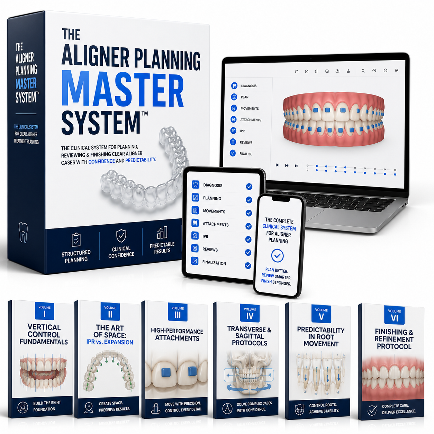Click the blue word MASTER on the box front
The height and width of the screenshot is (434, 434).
coord(123,88)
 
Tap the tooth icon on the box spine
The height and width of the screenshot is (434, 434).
coord(23,232)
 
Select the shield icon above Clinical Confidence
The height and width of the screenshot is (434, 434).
coord(121,235)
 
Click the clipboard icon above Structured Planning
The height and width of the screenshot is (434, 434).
coord(76,239)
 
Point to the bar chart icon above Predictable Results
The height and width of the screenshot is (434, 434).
coord(162,233)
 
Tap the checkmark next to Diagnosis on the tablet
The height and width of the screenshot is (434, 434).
coord(249,187)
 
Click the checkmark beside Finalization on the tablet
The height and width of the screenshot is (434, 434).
coord(248,266)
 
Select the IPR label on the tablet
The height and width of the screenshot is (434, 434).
coord(205,236)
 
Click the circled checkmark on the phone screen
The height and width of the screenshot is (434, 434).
coord(278,256)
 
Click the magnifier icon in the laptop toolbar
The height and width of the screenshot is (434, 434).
coord(363,71)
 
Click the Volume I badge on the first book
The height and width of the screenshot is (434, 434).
coord(44,311)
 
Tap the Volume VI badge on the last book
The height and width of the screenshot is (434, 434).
coord(394,315)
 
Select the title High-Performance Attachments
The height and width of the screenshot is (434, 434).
coord(177,335)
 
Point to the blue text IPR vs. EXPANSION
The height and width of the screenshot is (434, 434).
coord(110,342)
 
